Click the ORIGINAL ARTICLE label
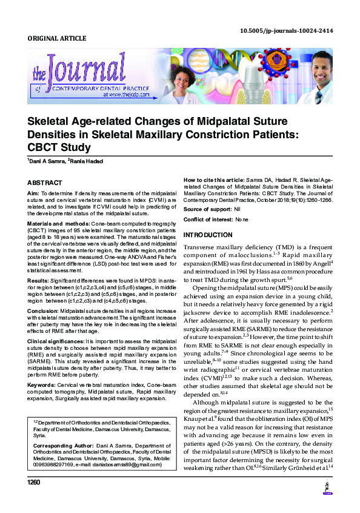(x=57, y=39)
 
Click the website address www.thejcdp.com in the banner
(x=124, y=95)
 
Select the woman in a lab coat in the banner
(x=171, y=76)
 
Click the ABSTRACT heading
(x=44, y=183)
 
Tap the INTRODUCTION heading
(x=207, y=235)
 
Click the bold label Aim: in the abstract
(x=33, y=193)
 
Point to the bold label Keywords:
(x=41, y=384)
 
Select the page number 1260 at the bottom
(x=33, y=483)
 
